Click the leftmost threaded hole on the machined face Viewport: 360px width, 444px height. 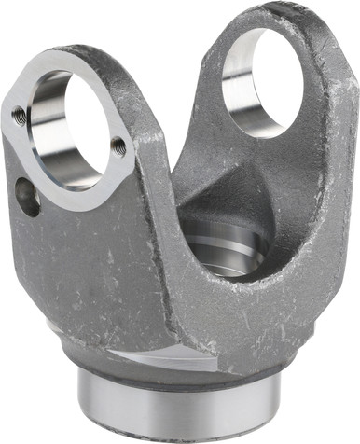(x=19, y=116)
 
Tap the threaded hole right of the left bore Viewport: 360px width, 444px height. (x=118, y=146)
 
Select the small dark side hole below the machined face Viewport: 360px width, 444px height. (x=27, y=197)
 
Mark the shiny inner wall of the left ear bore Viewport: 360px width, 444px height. (x=47, y=131)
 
